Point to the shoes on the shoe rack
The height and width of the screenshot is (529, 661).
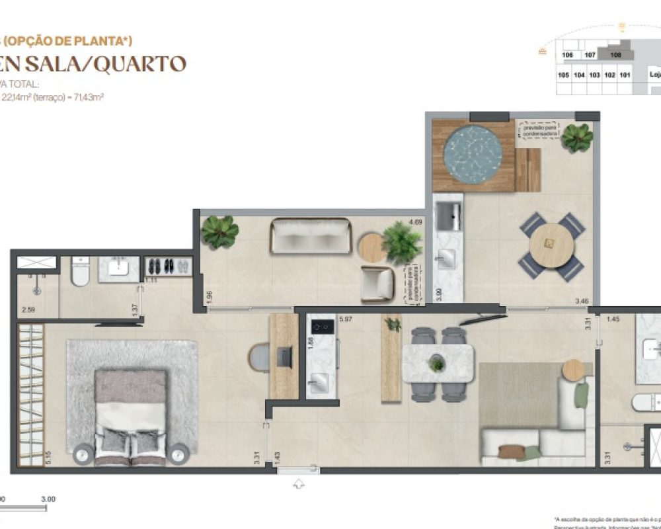(x=167, y=266)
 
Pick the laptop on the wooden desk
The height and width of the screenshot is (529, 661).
(x=285, y=358)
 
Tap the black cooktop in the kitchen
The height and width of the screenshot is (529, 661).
(x=323, y=325)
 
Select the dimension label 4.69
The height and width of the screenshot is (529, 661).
(x=416, y=222)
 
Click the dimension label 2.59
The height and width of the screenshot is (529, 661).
(x=28, y=309)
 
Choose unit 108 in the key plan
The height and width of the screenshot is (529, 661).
(x=616, y=55)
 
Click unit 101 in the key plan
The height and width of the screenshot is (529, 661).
(x=625, y=75)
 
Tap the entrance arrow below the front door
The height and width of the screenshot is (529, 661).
(x=299, y=484)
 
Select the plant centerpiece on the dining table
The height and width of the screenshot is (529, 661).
(x=436, y=362)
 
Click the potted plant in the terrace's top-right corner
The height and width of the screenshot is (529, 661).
(x=577, y=137)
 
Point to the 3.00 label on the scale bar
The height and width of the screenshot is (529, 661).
(x=48, y=499)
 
